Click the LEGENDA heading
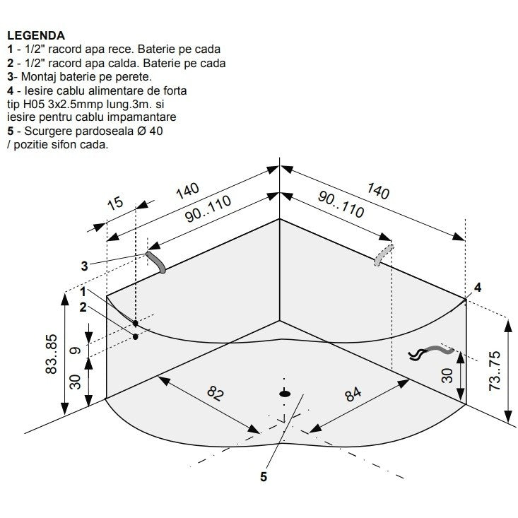pyautogui.click(x=36, y=35)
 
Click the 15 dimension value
pyautogui.click(x=116, y=203)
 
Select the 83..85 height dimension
pyautogui.click(x=52, y=354)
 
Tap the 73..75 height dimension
pyautogui.click(x=495, y=371)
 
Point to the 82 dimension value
pyautogui.click(x=216, y=394)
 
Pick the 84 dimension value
pyautogui.click(x=353, y=394)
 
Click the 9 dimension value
pyautogui.click(x=76, y=351)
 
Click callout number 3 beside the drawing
pyautogui.click(x=85, y=266)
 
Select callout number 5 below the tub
pyautogui.click(x=264, y=477)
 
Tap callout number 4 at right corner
pyautogui.click(x=478, y=288)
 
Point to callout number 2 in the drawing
pyautogui.click(x=83, y=307)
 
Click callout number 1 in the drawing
pyautogui.click(x=83, y=292)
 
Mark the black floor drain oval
pyautogui.click(x=285, y=394)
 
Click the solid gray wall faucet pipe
pyautogui.click(x=155, y=262)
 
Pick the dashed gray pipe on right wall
pyautogui.click(x=384, y=254)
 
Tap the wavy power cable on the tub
pyautogui.click(x=431, y=352)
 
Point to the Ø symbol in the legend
pyautogui.click(x=141, y=131)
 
